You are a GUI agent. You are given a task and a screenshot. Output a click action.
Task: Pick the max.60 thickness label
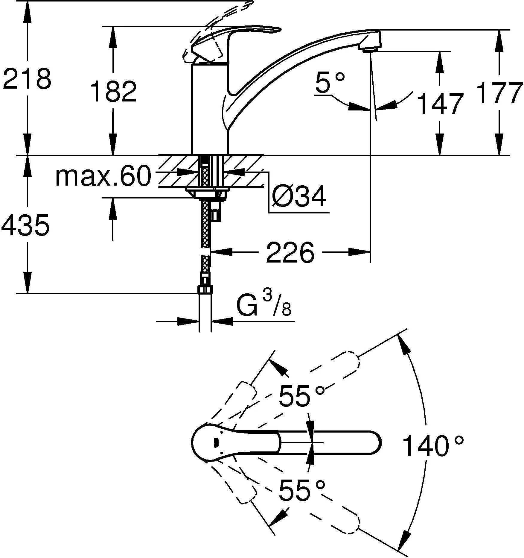pyautogui.click(x=103, y=177)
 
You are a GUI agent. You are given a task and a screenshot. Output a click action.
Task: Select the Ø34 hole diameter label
pyautogui.click(x=299, y=197)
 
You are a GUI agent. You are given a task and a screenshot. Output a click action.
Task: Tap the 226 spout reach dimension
pyautogui.click(x=290, y=252)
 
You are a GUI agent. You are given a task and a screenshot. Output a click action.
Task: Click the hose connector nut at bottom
pyautogui.click(x=205, y=289)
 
